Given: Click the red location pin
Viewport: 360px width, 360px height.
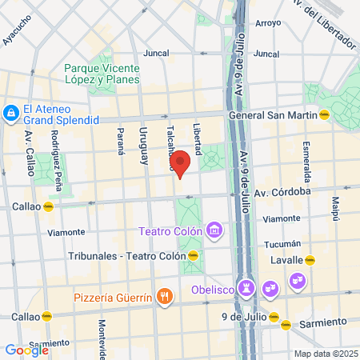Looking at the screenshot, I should pos(181,162).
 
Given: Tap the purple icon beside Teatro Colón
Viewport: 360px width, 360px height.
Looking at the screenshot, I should pos(214,232).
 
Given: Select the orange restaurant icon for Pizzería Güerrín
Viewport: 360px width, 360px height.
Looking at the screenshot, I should pos(165,298).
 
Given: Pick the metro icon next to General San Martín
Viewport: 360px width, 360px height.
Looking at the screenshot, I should pos(324,114).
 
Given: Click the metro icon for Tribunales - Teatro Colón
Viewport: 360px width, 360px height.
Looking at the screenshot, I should pos(193,256).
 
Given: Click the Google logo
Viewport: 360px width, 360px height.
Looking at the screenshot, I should pos(26,350).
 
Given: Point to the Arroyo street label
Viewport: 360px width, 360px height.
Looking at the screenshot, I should pos(267,22).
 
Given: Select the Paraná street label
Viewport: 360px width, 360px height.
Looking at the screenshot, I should pos(122,140).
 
